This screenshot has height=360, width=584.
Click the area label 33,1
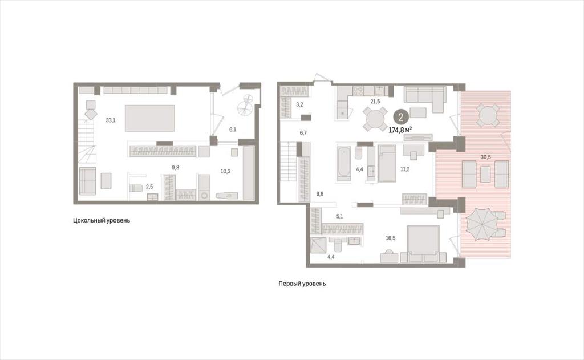coord(111,120)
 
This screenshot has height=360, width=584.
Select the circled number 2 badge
coord(401,118)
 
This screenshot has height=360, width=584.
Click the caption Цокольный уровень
coord(102,220)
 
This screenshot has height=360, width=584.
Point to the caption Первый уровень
coord(302,284)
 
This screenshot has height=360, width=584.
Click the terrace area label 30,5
coord(486,157)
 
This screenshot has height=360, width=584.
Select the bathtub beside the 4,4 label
coord(344,164)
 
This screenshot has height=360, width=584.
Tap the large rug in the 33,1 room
coord(150,118)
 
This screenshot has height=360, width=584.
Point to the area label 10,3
coord(225,171)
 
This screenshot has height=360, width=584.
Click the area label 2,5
coord(149,186)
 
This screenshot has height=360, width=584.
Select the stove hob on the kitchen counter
coord(358,91)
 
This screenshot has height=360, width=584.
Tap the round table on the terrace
coord(488,115)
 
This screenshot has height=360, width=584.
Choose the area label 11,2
coord(405,169)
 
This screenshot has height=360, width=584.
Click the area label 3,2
coord(299,105)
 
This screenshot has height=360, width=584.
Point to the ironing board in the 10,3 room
coord(227,196)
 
